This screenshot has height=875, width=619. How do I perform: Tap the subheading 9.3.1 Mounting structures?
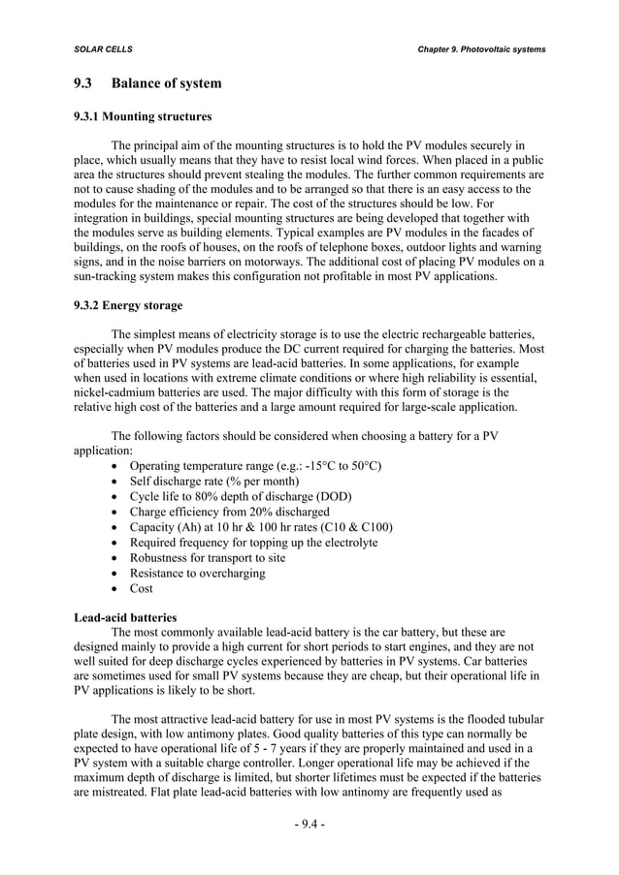(143, 117)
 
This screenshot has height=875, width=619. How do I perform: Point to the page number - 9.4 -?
(309, 825)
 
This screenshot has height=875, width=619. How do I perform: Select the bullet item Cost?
(143, 589)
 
